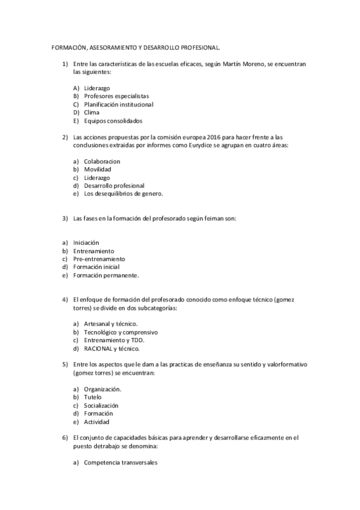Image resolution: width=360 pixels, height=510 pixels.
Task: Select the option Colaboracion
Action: pyautogui.click(x=102, y=161)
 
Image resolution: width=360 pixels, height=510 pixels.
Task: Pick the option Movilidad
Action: pyautogui.click(x=98, y=170)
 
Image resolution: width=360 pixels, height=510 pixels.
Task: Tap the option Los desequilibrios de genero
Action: pyautogui.click(x=124, y=194)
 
